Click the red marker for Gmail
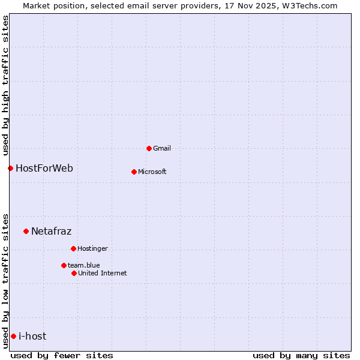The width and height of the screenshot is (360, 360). (149, 148)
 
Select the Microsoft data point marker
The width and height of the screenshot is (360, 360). (134, 172)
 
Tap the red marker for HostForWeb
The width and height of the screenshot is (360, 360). (10, 168)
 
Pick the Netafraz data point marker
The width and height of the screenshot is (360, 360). (26, 231)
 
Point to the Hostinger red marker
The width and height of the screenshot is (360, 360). (73, 248)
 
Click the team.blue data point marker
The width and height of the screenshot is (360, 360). (64, 265)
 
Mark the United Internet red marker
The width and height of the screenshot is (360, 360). (74, 273)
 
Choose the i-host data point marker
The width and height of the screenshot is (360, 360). (13, 336)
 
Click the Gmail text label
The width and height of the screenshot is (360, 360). (162, 148)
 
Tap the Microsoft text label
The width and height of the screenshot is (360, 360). (152, 172)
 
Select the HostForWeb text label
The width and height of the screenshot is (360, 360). (44, 168)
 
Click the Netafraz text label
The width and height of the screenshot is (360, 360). (51, 231)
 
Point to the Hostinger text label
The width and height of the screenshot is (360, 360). (92, 248)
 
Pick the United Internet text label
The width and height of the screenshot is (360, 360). (102, 273)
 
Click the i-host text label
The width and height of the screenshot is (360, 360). (32, 336)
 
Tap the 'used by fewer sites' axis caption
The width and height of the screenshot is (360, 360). (62, 355)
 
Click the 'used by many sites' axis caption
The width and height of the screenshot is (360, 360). (301, 355)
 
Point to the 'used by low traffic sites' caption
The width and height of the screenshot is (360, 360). (5, 280)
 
